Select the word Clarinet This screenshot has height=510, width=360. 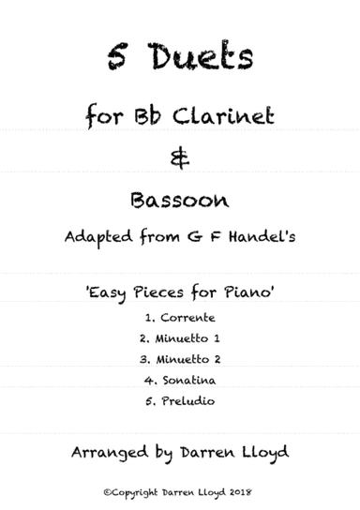pyautogui.click(x=217, y=117)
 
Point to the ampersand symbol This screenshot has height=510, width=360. pyautogui.click(x=181, y=159)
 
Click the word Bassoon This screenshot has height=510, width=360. pyautogui.click(x=181, y=200)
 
